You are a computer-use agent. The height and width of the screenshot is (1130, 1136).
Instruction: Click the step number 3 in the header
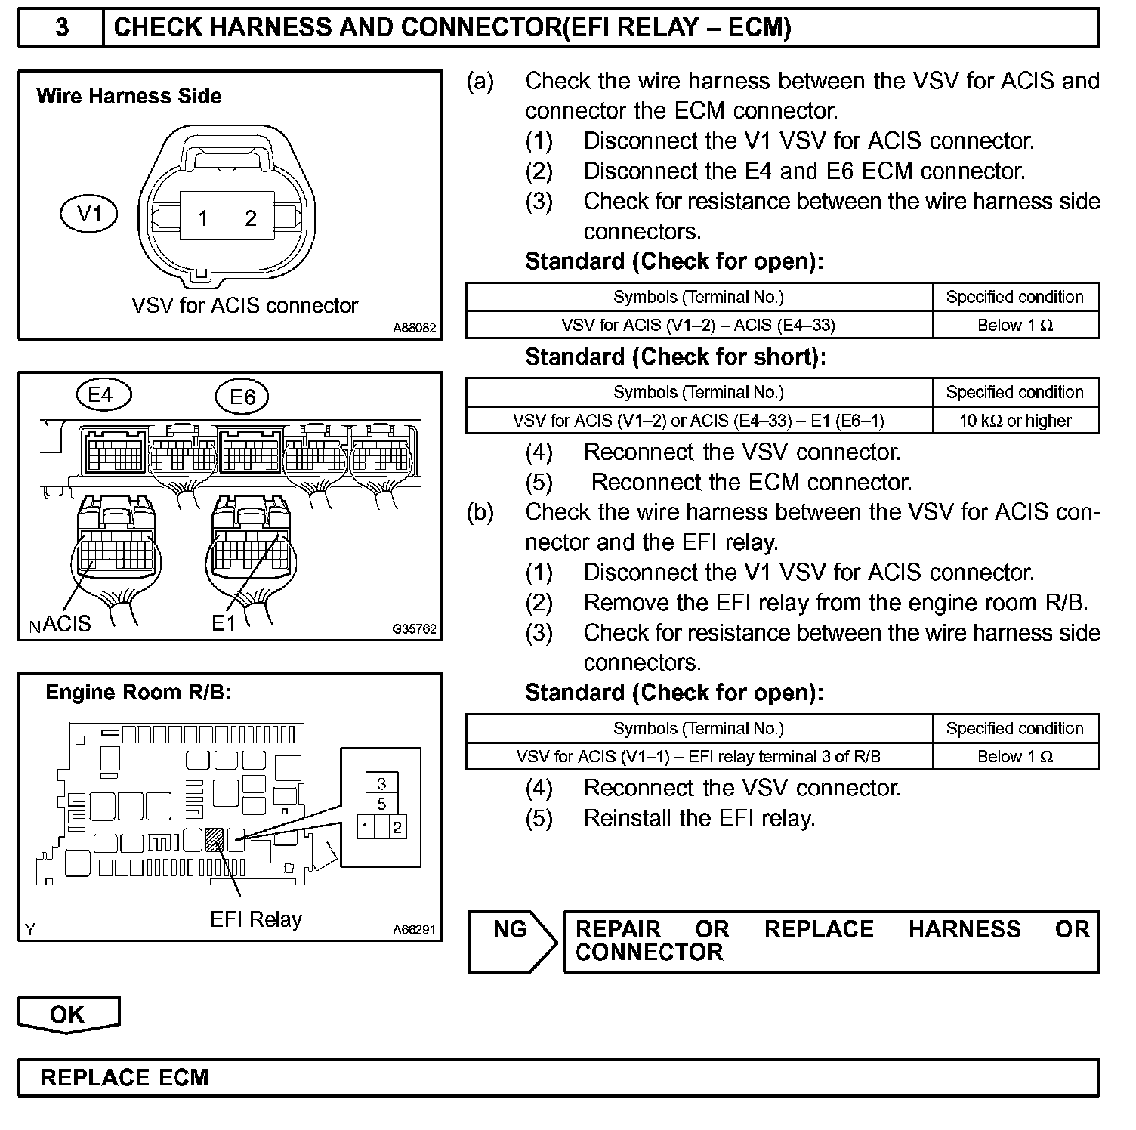coord(62,28)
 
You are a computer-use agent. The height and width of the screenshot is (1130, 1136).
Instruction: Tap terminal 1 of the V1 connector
coord(202,218)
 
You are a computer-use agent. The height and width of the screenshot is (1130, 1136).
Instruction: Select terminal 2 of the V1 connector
coord(251,218)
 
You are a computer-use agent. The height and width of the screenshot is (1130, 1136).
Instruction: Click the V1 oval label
coord(90,215)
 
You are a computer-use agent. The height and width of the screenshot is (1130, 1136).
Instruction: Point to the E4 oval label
coord(103,394)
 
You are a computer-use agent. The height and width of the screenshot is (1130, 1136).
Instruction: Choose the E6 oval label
coord(242,397)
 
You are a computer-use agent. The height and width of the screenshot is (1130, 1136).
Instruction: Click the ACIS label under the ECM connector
coord(66,623)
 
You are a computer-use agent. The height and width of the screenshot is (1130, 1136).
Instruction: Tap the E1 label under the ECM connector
coord(224,623)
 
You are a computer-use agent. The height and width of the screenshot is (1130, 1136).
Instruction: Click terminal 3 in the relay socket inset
coord(381,783)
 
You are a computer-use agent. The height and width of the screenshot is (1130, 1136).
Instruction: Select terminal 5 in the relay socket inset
coord(381,803)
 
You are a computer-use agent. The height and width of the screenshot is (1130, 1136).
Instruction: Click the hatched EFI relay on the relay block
coord(215,838)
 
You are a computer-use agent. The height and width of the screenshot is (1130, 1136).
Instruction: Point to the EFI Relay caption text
coord(256,919)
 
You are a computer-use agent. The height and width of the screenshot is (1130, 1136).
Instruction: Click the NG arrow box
coord(511,940)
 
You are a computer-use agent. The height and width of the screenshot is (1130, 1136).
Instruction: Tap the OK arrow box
coord(68,1014)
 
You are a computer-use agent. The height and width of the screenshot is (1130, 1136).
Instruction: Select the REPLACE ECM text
coord(125,1077)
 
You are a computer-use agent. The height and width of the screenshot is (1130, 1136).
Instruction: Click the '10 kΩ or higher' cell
coord(1015,421)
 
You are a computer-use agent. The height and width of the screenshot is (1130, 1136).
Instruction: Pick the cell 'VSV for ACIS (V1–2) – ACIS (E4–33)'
coord(699,325)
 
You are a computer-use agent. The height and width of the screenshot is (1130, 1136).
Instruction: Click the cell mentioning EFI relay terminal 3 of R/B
coord(699,756)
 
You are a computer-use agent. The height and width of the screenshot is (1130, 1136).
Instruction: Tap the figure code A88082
coord(414,329)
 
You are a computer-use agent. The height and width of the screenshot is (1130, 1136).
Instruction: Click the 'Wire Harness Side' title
coord(129,96)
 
